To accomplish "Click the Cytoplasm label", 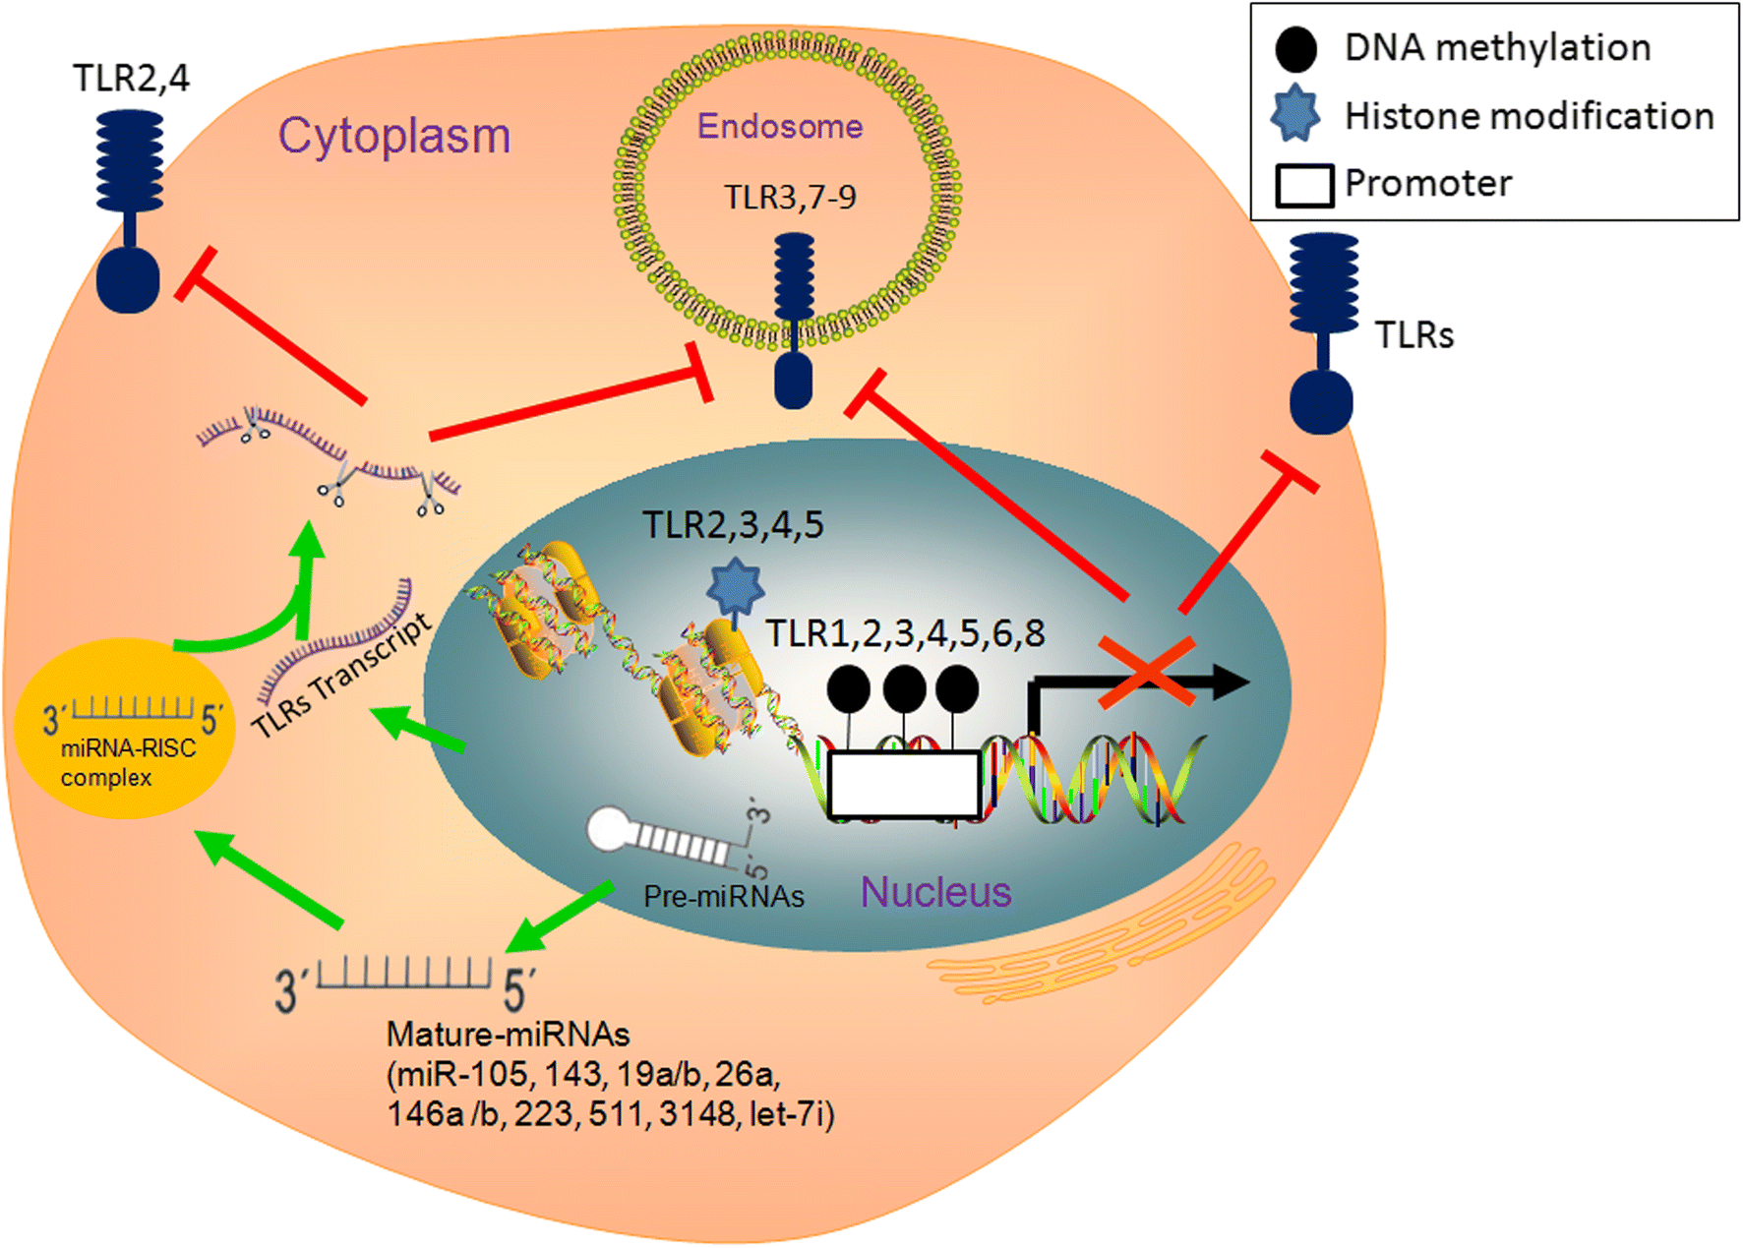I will pyautogui.click(x=393, y=136).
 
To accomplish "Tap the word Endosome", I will pyautogui.click(x=779, y=126).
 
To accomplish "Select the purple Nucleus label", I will pyautogui.click(x=935, y=892).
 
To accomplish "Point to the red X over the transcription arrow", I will pyautogui.click(x=1147, y=672).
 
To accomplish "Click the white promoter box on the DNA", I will pyautogui.click(x=904, y=785).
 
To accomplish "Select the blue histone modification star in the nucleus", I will pyautogui.click(x=735, y=586).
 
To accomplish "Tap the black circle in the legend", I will pyautogui.click(x=1295, y=49).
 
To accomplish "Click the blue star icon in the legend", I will pyautogui.click(x=1295, y=113).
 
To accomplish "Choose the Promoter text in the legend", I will pyautogui.click(x=1427, y=183).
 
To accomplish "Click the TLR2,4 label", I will pyautogui.click(x=131, y=78).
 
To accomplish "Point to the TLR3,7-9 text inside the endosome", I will pyautogui.click(x=790, y=197).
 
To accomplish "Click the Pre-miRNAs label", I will pyautogui.click(x=723, y=896).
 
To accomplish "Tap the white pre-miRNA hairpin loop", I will pyautogui.click(x=611, y=829).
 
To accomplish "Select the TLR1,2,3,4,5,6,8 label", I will pyautogui.click(x=905, y=633).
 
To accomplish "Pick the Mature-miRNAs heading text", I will pyautogui.click(x=508, y=1034).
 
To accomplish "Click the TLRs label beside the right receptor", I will pyautogui.click(x=1413, y=335).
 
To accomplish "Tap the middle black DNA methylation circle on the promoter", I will pyautogui.click(x=904, y=688).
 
